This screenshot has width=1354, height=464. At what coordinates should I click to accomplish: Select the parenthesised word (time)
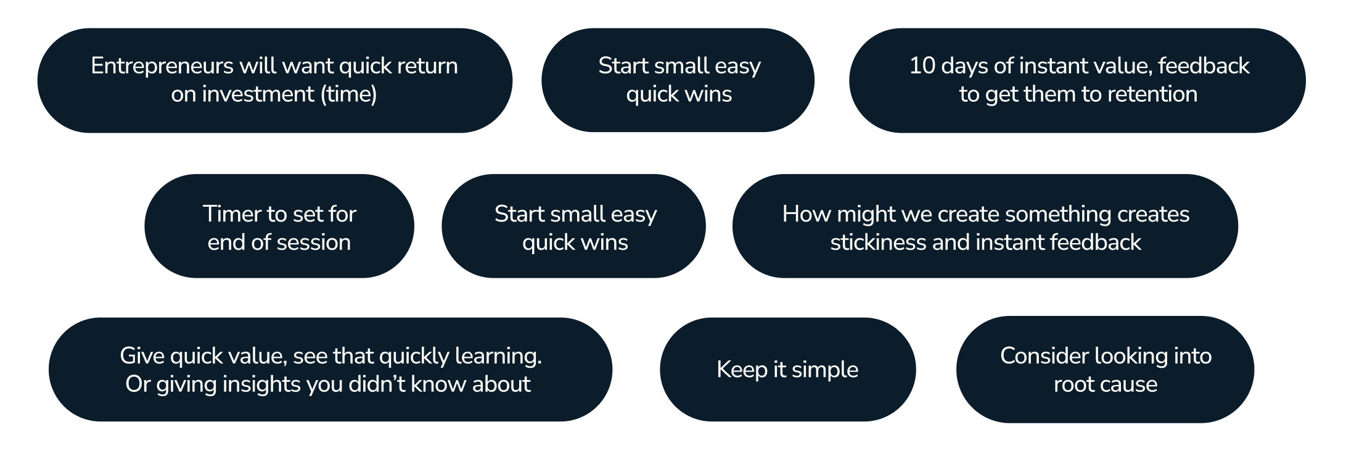[x=348, y=94]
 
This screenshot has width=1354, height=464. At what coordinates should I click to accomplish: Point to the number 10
[x=922, y=66]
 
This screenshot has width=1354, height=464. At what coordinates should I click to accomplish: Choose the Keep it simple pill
[x=787, y=370]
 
